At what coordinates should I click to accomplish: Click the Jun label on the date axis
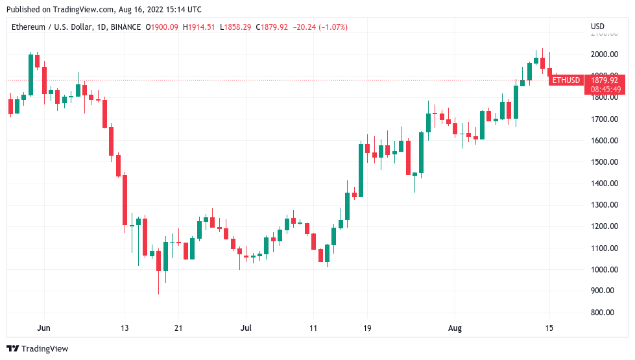[x=44, y=328]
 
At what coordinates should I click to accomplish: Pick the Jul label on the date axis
[x=246, y=328]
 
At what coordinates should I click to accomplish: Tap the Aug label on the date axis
[x=455, y=328]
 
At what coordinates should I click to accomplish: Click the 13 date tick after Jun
[x=125, y=328]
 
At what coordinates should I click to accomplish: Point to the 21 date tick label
[x=178, y=328]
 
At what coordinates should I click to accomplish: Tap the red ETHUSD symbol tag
[x=566, y=80]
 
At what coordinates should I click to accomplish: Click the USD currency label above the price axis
[x=597, y=27]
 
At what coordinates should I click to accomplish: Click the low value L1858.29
[x=237, y=27]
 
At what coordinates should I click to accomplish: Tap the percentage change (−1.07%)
[x=331, y=27]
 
